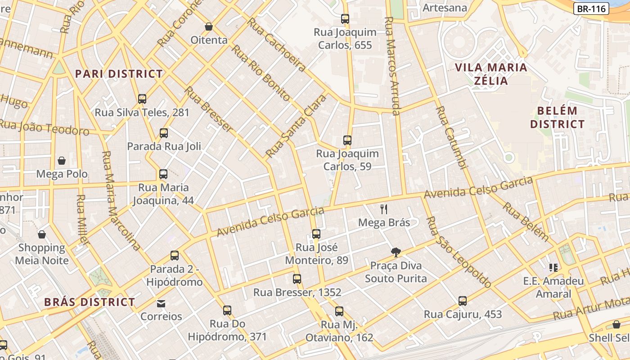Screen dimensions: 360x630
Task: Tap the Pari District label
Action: point(119,74)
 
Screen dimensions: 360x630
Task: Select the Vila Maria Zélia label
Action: point(491,74)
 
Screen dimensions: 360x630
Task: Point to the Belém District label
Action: point(557,117)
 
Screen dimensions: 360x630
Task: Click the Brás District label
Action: point(90,302)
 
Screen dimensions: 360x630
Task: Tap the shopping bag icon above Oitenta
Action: point(209,27)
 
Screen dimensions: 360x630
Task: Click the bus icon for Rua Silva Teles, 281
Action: point(142,99)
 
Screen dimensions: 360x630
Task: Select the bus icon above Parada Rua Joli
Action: point(164,133)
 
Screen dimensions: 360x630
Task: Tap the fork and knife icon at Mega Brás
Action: point(384,209)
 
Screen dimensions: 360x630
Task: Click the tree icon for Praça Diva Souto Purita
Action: point(396,252)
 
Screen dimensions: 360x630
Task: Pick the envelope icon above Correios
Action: point(161,303)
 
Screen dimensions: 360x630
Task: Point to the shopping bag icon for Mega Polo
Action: point(62,161)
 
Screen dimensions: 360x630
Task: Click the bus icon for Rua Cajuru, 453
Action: point(463,301)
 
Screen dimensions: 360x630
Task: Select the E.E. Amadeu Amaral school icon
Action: point(553,268)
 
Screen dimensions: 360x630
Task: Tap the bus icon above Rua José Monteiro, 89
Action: point(316,234)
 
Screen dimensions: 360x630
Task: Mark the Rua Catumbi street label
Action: point(450,137)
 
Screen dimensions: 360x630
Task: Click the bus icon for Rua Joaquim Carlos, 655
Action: point(345,19)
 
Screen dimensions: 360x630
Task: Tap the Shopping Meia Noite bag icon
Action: point(42,234)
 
